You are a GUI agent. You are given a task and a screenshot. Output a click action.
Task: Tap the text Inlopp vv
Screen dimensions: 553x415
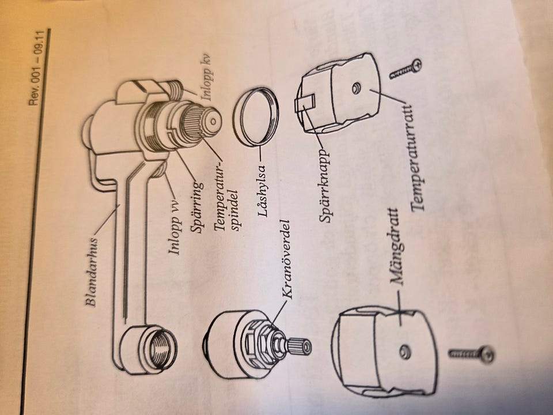coord(175,228)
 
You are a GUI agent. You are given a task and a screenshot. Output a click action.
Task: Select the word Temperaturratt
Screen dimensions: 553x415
coord(418,156)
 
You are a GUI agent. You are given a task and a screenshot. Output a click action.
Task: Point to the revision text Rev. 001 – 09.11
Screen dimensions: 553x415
coord(37,68)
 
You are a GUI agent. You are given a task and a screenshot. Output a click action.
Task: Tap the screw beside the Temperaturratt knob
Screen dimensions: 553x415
coord(406,70)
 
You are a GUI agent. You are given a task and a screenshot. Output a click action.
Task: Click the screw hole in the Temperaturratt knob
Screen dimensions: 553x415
coord(356,88)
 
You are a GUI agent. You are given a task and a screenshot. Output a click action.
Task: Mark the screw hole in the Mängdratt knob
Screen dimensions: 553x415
coord(405,352)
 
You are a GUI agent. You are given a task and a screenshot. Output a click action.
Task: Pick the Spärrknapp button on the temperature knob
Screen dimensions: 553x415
coord(304,104)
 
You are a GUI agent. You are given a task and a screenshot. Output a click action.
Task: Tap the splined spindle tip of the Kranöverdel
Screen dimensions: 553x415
coord(299,346)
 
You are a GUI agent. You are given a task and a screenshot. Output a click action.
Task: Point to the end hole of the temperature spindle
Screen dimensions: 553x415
coord(213,121)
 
